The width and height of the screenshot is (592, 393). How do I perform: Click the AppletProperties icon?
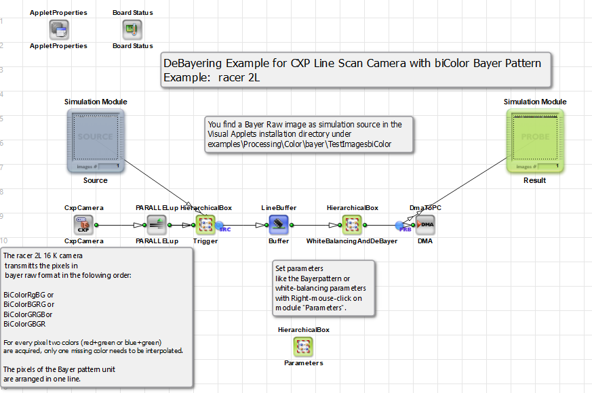click(x=59, y=29)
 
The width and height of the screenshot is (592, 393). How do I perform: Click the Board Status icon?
click(x=132, y=29)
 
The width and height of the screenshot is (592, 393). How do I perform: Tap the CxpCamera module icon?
click(x=83, y=224)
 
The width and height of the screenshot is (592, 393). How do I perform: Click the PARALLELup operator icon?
click(x=157, y=224)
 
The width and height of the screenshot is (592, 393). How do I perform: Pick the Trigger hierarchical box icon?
click(x=205, y=224)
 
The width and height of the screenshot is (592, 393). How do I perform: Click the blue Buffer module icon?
click(x=279, y=224)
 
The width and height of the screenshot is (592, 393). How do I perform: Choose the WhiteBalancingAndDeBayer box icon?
click(x=351, y=224)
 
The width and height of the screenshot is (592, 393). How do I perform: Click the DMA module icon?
click(x=425, y=224)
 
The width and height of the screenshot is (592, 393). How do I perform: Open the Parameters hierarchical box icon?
click(x=303, y=347)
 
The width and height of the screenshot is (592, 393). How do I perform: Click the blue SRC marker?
click(x=222, y=227)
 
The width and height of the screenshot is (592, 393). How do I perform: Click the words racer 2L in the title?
click(x=239, y=77)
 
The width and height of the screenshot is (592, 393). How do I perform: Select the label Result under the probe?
click(x=534, y=180)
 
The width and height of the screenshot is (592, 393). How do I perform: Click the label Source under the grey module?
click(x=95, y=180)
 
